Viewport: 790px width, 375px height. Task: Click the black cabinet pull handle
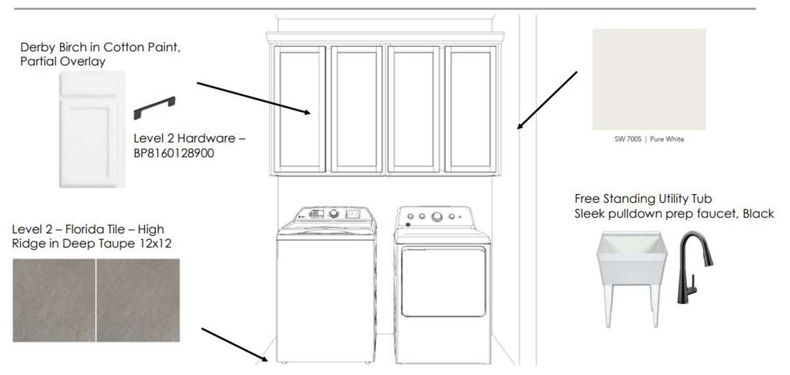[155, 107]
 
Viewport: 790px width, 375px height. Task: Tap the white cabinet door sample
[92, 130]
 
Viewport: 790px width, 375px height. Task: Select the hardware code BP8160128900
[174, 153]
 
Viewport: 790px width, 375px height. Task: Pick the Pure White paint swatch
[649, 80]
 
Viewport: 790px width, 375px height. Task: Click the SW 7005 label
[628, 139]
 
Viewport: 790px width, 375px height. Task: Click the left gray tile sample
[54, 300]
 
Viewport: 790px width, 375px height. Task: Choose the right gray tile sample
[138, 300]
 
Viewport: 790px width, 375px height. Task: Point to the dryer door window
[443, 282]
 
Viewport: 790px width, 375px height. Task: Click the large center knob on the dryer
[437, 216]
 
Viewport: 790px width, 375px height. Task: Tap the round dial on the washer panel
[333, 213]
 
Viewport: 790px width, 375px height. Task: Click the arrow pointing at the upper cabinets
[253, 98]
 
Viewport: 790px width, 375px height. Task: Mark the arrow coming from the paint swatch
[547, 100]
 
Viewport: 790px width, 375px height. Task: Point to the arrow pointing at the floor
[234, 345]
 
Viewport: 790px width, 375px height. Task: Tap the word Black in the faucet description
[758, 214]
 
